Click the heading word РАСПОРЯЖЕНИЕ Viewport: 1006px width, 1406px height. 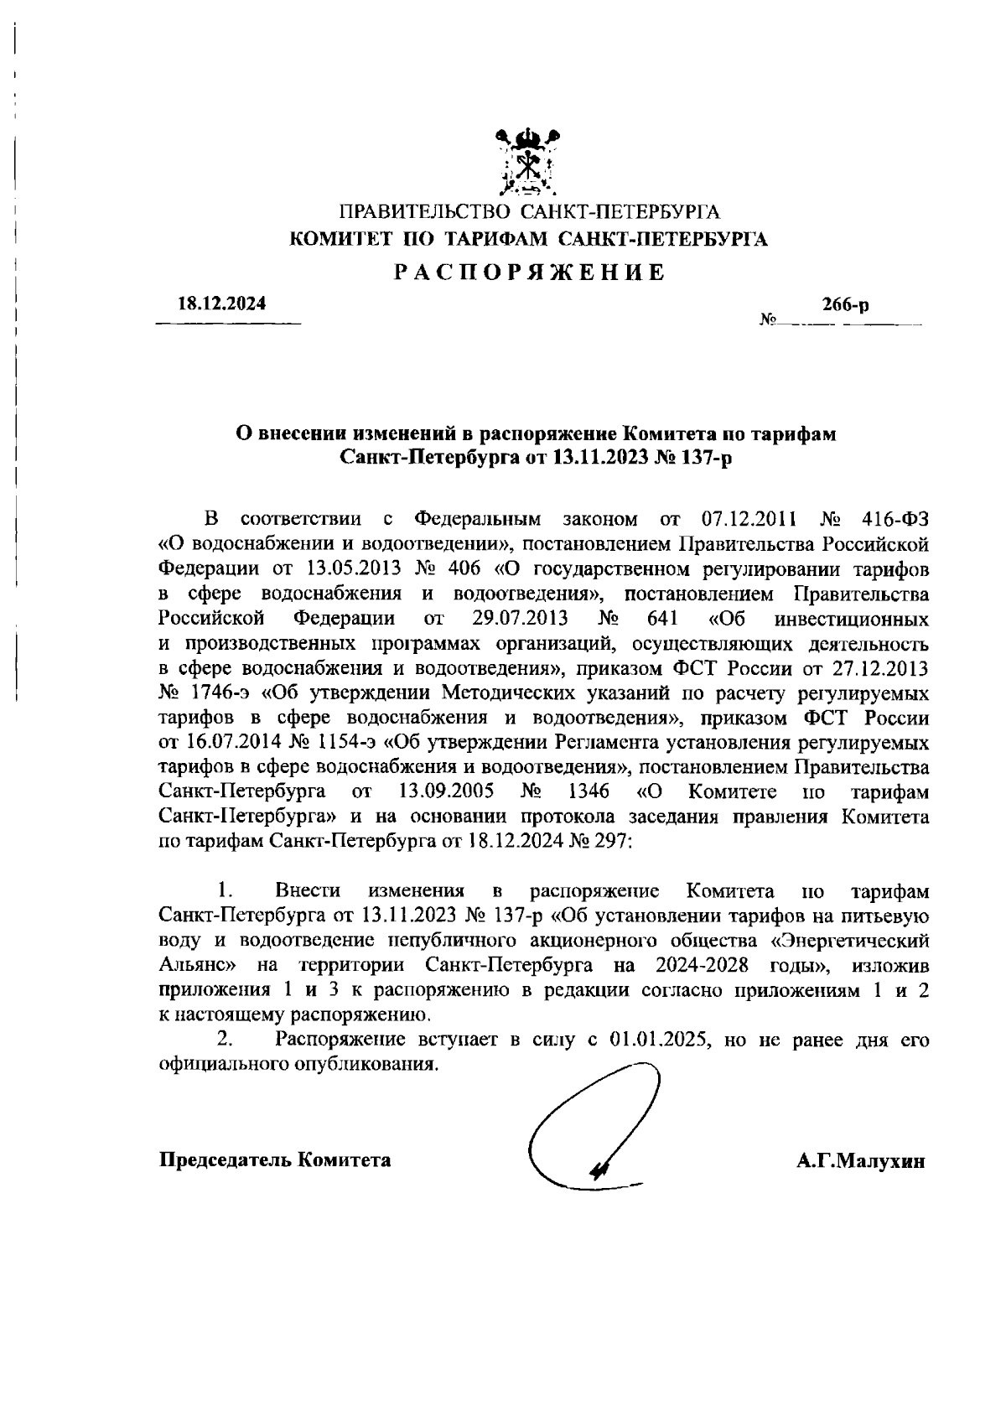[530, 272]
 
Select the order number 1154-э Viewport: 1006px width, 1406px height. [349, 744]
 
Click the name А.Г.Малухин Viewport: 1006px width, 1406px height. [861, 1161]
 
